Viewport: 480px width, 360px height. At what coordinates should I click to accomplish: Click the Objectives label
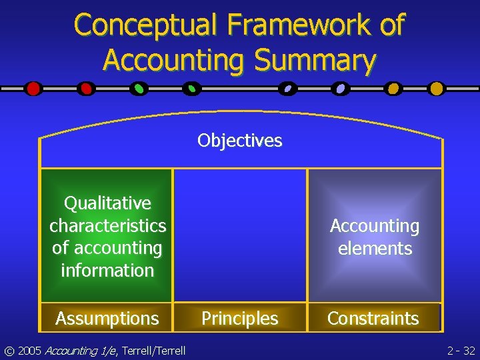[x=240, y=141]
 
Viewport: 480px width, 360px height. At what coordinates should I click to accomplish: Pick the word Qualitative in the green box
[x=107, y=203]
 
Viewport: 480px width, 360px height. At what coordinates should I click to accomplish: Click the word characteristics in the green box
[x=107, y=225]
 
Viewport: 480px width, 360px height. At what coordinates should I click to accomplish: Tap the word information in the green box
[x=107, y=270]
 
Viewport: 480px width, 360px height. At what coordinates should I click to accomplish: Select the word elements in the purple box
[x=375, y=249]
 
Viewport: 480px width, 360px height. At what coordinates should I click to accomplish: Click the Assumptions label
[x=107, y=319]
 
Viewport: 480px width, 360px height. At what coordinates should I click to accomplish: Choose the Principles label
[x=240, y=319]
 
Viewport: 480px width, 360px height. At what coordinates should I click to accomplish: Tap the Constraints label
[x=373, y=319]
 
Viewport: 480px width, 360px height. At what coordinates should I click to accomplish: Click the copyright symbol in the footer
[x=9, y=350]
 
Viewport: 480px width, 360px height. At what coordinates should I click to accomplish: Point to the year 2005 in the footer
[x=32, y=350]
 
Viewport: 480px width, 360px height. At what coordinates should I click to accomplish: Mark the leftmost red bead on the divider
[x=33, y=88]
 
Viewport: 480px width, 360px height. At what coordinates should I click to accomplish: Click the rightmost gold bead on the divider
[x=436, y=88]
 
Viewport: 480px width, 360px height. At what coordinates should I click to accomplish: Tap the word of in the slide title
[x=392, y=25]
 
